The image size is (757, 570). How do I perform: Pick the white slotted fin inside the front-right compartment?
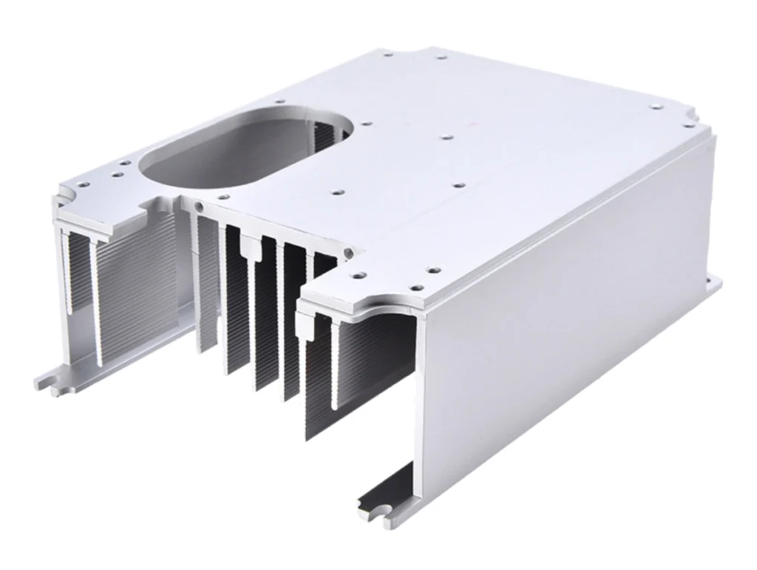click(x=336, y=363)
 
